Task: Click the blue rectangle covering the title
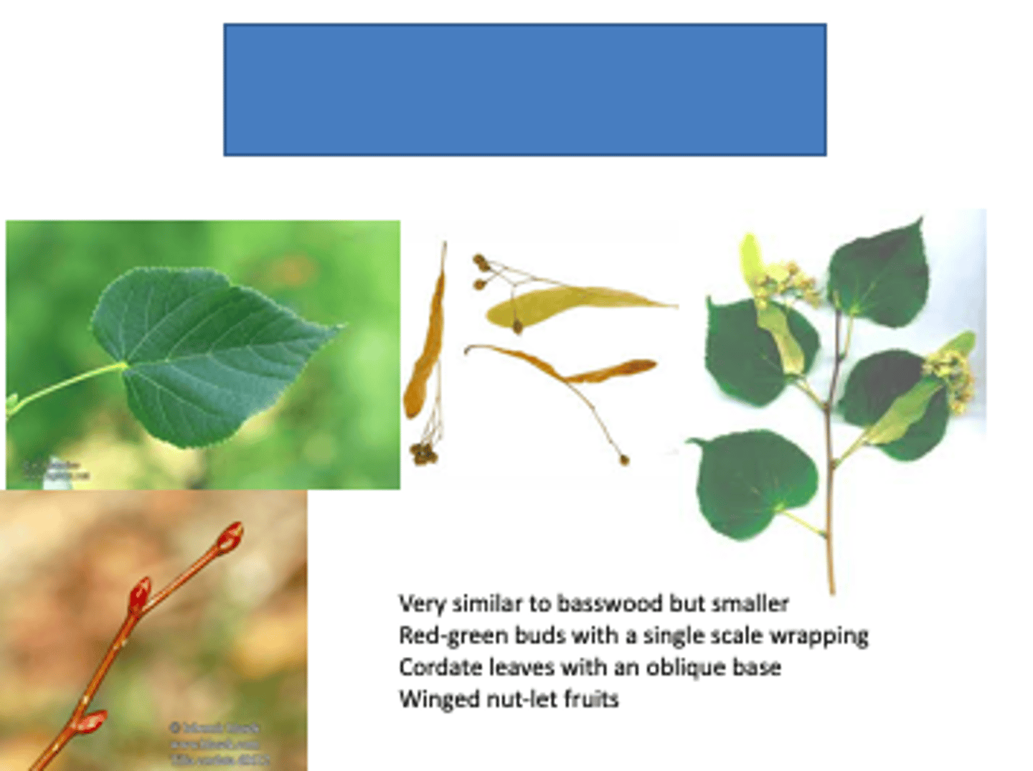point(524,90)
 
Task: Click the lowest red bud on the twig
point(91,721)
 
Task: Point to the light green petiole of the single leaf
point(68,385)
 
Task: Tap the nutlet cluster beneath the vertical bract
point(423,453)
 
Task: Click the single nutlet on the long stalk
point(624,460)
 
